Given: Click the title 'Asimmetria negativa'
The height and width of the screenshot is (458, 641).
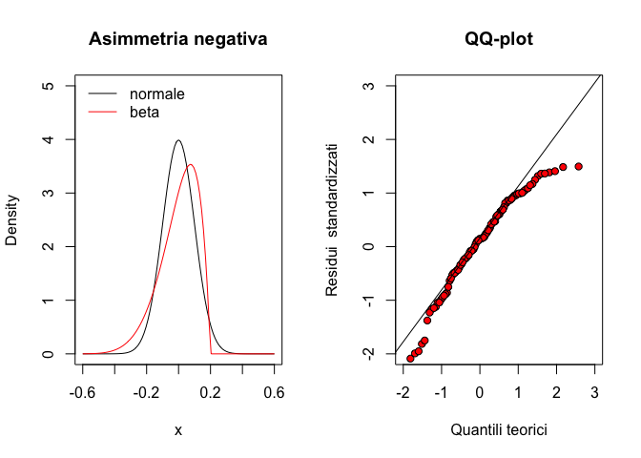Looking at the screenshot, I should tap(177, 40).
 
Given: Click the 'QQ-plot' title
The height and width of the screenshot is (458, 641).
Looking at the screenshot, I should tap(498, 40).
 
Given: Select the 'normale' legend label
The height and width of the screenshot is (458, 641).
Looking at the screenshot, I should tap(157, 94).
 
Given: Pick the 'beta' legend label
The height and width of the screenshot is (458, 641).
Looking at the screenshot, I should tap(145, 112).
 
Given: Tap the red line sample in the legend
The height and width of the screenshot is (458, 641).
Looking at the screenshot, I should tap(103, 112).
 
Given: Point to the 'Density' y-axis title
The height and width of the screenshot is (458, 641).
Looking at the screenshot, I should tap(12, 220).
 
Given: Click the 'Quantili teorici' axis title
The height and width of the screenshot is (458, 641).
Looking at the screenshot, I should tap(498, 430).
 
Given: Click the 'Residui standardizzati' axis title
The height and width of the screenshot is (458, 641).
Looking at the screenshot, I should tap(332, 220).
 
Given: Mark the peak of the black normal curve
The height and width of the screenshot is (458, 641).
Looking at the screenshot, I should tap(178, 141).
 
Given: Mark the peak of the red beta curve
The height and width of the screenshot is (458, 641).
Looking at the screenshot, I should tap(191, 165).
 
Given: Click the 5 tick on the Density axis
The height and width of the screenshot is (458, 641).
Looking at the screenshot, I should tap(46, 86).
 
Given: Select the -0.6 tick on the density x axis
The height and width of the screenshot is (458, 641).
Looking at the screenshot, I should tap(83, 392).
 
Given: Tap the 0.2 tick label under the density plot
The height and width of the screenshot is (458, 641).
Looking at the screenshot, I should tap(210, 392).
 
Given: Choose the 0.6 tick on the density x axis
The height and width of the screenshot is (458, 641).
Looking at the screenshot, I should tap(274, 392).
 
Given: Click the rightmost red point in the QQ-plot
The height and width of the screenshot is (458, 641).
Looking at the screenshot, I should tap(578, 166).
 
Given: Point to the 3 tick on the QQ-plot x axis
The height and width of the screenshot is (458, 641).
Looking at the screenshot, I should tap(594, 392).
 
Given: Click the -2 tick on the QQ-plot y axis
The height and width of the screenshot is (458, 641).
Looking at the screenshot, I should tap(364, 354).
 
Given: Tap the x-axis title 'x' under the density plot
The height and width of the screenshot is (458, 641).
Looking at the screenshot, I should tap(178, 430).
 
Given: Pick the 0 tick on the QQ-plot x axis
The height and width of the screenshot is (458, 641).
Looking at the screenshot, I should tap(480, 392).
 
